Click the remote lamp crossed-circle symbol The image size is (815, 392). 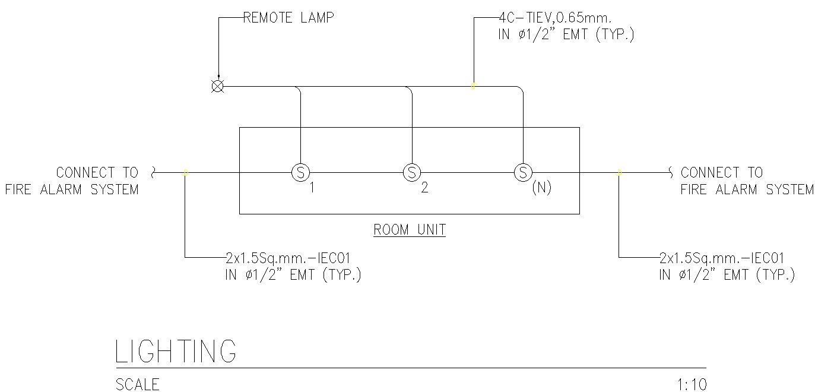[218, 87]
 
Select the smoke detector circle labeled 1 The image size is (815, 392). [300, 173]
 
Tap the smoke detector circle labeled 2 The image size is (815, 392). [411, 173]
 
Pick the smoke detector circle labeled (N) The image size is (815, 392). [522, 173]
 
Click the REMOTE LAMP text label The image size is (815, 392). [288, 18]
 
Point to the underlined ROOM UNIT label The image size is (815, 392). [409, 229]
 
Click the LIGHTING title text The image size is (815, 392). [176, 351]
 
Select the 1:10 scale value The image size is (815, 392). [692, 385]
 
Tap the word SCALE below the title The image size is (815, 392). [138, 385]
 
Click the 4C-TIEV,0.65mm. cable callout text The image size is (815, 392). [555, 18]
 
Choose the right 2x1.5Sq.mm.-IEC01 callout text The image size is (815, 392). [722, 258]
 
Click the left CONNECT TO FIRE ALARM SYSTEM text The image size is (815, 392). [72, 181]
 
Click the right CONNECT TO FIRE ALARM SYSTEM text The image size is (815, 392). [746, 181]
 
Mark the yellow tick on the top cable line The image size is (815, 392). [473, 86]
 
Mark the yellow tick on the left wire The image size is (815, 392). [185, 173]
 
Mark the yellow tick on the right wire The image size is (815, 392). [619, 173]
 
